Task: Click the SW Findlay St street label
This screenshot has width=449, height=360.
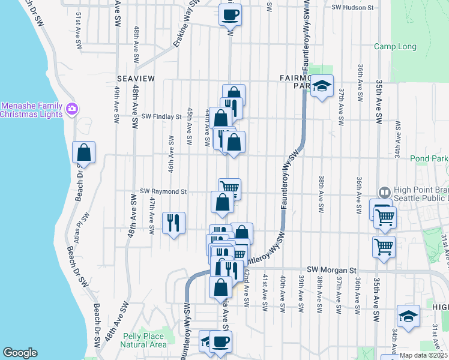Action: point(161,116)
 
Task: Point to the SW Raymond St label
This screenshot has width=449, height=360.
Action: point(163,191)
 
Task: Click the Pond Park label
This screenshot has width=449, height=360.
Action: point(429,159)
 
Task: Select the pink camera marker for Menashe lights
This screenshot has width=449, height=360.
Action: point(72,109)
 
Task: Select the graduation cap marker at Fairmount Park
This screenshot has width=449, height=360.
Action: point(322,86)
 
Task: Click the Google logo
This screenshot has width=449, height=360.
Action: point(20,353)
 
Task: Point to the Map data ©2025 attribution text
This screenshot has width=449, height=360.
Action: point(423,355)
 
